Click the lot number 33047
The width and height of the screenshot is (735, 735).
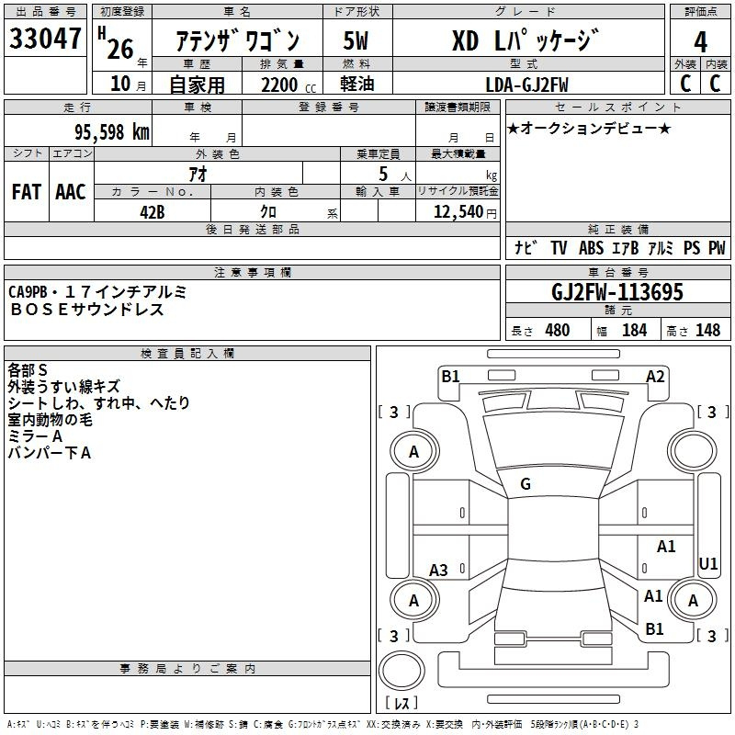click(x=45, y=39)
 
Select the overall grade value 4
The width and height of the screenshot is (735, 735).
click(x=700, y=42)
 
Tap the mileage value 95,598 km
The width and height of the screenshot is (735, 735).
click(x=112, y=132)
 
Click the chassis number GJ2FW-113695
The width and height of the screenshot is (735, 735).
click(x=617, y=292)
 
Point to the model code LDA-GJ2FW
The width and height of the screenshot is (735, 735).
click(x=526, y=85)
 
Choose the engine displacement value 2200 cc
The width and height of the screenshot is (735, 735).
click(x=288, y=85)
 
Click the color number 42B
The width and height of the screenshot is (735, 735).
click(x=153, y=212)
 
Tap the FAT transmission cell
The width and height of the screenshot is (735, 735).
click(x=27, y=192)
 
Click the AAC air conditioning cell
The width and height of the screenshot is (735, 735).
click(x=71, y=192)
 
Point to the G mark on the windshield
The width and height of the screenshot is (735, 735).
click(x=526, y=484)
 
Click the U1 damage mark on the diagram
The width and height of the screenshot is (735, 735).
click(x=707, y=563)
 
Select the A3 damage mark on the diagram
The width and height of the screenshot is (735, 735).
click(x=438, y=570)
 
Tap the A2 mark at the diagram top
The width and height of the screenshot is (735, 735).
click(x=655, y=377)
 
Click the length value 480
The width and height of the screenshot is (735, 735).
click(x=558, y=330)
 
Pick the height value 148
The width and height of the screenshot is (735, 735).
click(x=707, y=330)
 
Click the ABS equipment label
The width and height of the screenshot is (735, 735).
click(x=591, y=247)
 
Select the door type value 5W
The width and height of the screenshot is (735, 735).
click(x=356, y=40)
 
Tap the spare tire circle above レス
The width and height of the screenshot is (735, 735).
click(x=401, y=671)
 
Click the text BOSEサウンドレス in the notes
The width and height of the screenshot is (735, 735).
click(x=86, y=310)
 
